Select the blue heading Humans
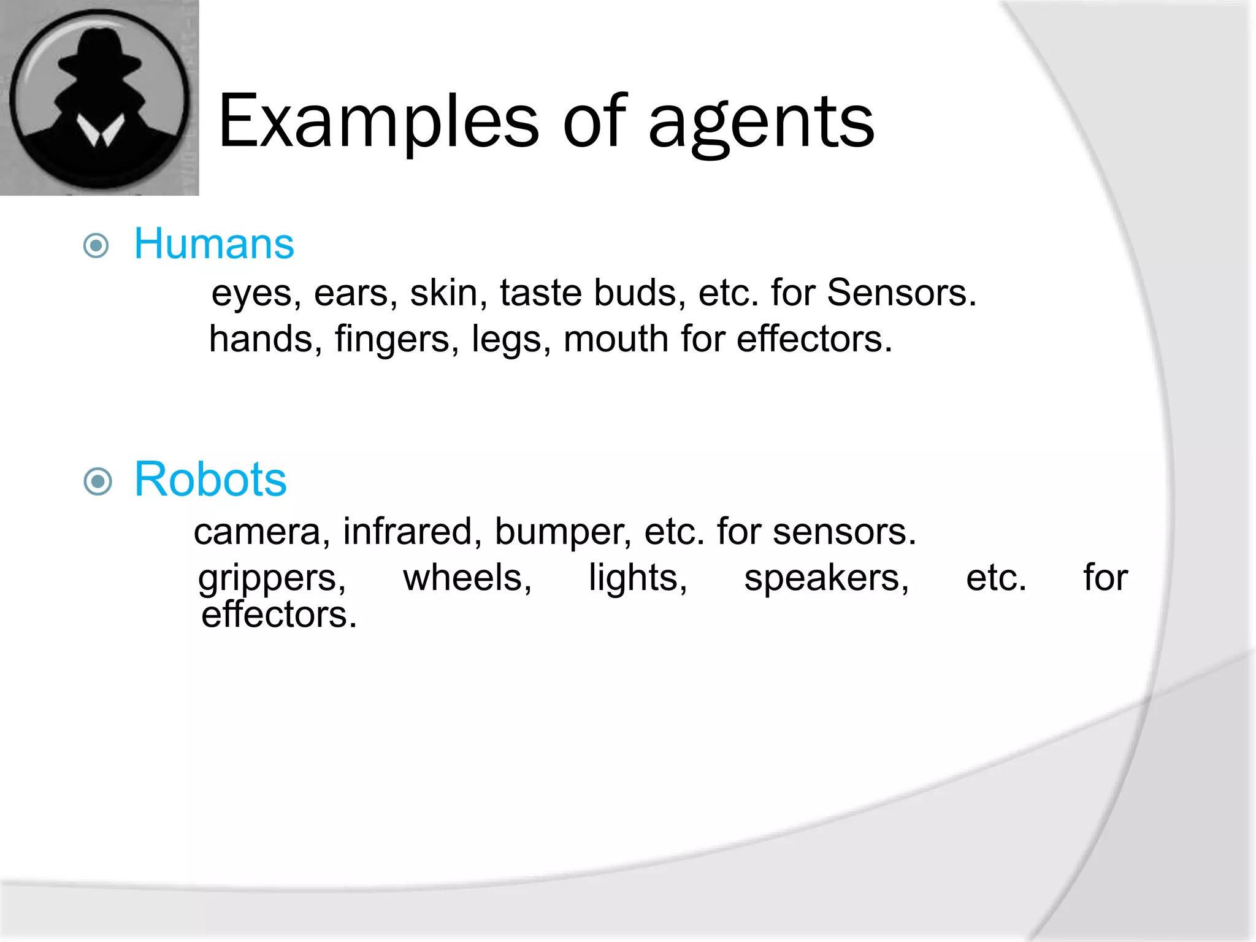214,243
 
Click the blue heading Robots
210,479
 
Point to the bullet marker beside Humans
96,247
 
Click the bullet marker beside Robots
98,481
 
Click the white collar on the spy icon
101,129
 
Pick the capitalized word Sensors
901,293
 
